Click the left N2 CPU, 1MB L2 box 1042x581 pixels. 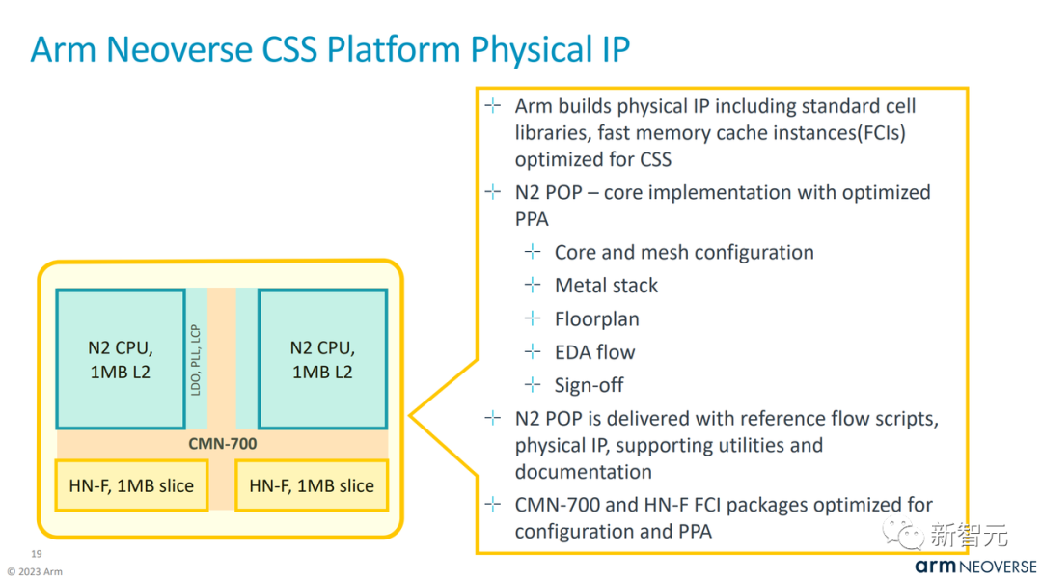coord(121,358)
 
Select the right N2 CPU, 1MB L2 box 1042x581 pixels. coord(322,358)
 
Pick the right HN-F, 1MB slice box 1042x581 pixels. coord(312,485)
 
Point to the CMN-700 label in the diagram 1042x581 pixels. coord(222,444)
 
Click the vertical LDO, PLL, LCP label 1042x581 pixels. coord(196,358)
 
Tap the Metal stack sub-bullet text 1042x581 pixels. coord(606,286)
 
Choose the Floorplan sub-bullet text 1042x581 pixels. coord(596,318)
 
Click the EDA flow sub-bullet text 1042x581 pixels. coord(594,352)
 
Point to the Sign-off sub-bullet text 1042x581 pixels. coord(589,385)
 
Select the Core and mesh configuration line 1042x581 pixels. coord(684,253)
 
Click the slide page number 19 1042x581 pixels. coord(37,554)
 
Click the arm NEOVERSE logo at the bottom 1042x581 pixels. coord(975,567)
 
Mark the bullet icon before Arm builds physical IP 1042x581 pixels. coord(493,105)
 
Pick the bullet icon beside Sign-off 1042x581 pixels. coord(533,385)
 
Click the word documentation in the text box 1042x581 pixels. coord(583,472)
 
